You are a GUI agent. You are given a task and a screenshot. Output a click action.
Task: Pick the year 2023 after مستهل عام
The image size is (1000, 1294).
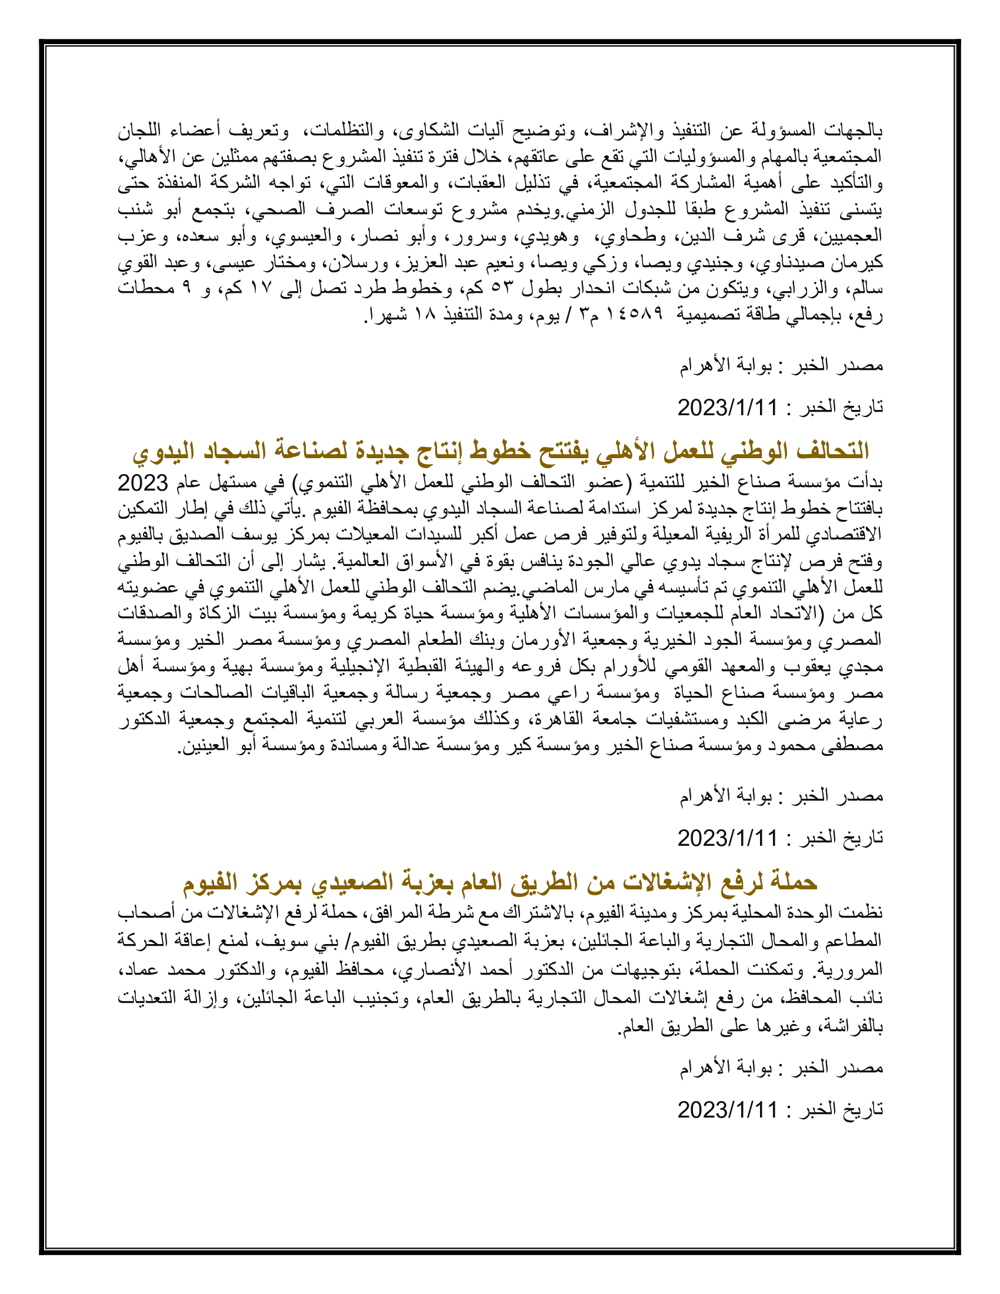tap(143, 483)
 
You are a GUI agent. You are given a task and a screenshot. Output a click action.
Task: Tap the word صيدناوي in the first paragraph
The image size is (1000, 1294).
tap(795, 262)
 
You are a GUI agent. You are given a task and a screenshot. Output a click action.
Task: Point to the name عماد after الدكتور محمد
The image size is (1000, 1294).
tap(139, 970)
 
